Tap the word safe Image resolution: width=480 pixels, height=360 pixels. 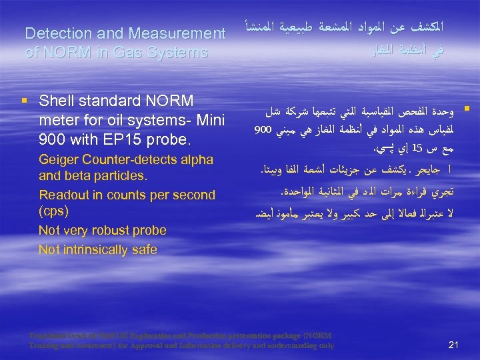(x=144, y=249)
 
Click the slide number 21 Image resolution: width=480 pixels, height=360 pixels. (x=454, y=344)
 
